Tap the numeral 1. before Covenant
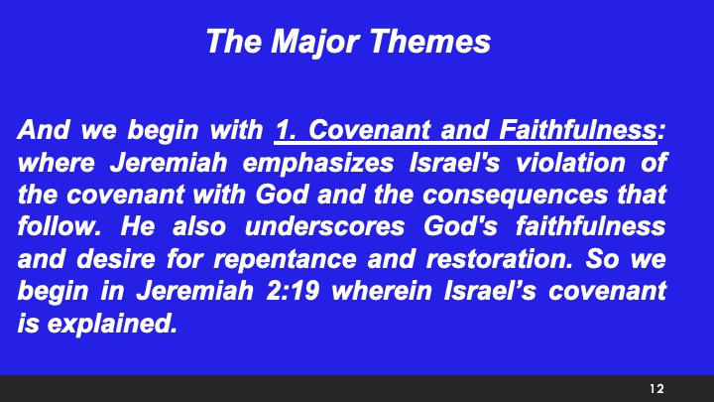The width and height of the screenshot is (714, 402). (x=287, y=129)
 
